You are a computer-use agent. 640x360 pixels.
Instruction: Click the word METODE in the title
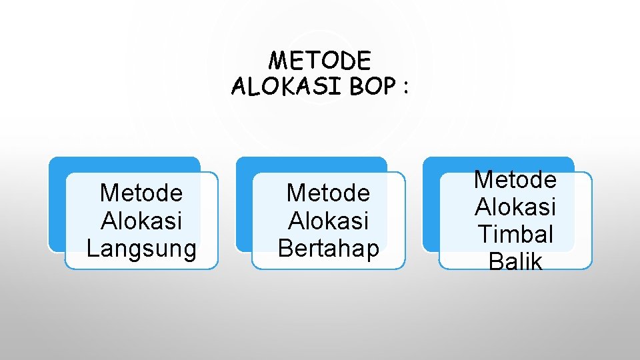pos(319,61)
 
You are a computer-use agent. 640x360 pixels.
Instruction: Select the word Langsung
pos(141,248)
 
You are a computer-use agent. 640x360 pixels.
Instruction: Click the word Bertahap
pos(328,248)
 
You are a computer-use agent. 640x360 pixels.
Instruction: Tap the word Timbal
pos(515,234)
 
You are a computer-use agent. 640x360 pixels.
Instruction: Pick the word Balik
pos(515,261)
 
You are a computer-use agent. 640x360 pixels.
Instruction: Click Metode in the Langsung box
pos(141,193)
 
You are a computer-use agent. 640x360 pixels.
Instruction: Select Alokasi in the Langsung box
pos(141,221)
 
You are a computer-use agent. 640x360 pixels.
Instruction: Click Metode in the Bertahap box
pos(328,193)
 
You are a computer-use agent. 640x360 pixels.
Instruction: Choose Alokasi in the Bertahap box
pos(328,221)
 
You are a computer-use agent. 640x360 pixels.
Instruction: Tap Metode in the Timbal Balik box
pos(515,179)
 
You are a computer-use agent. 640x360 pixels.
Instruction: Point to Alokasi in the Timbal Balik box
pos(515,207)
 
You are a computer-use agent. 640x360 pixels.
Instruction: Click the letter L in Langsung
pos(93,248)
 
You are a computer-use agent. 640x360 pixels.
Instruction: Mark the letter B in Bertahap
pos(285,248)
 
